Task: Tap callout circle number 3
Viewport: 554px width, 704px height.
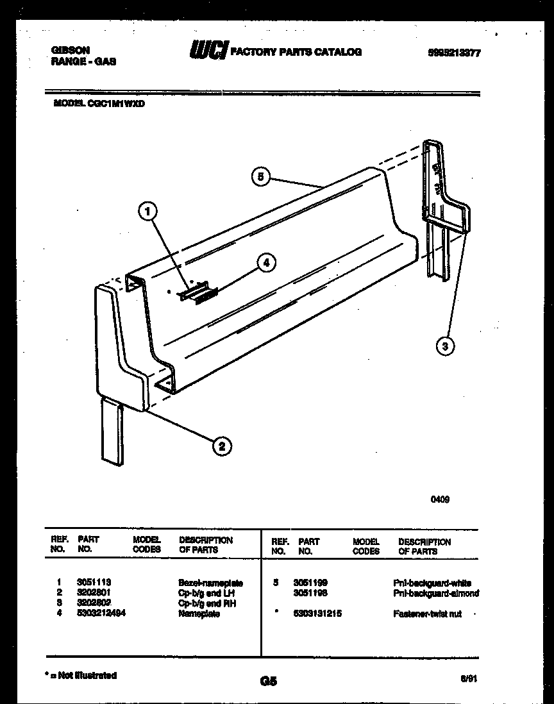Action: (x=446, y=346)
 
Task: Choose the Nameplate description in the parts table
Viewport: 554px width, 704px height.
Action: (x=199, y=614)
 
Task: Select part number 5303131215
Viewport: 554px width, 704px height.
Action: (x=317, y=614)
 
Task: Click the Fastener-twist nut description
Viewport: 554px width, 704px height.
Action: (x=427, y=614)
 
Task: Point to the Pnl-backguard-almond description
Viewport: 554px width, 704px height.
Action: (x=436, y=594)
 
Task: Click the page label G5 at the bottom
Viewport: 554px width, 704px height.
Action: (x=269, y=682)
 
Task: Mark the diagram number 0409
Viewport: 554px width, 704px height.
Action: (x=439, y=499)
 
